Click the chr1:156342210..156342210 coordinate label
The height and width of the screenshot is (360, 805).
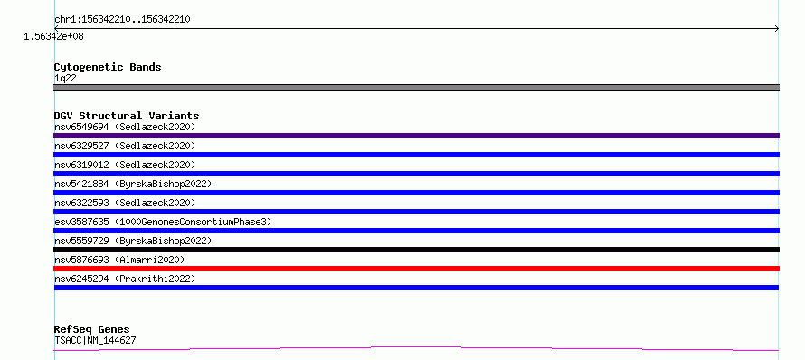(x=123, y=20)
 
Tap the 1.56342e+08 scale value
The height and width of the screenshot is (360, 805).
(x=54, y=36)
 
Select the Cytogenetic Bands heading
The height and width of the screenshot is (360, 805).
(x=108, y=67)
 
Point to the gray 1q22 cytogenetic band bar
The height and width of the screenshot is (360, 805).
(x=416, y=88)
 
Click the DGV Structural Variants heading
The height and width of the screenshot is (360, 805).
(x=127, y=116)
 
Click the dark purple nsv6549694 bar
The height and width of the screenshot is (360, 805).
(x=416, y=136)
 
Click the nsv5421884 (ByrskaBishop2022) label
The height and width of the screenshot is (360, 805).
(x=133, y=184)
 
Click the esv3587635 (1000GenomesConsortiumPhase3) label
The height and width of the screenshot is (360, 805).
(x=163, y=222)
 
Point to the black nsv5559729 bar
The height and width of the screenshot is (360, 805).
(x=416, y=250)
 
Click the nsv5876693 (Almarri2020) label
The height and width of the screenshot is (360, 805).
(x=119, y=260)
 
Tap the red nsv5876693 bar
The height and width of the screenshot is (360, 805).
(x=416, y=269)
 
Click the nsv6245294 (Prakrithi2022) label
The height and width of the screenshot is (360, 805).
(x=125, y=279)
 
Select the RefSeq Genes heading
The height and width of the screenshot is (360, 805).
(x=92, y=329)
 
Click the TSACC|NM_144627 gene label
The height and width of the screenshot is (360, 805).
(x=95, y=340)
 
